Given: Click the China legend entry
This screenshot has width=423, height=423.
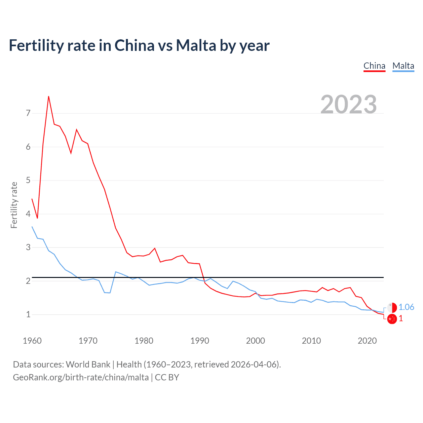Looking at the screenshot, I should point(374,66).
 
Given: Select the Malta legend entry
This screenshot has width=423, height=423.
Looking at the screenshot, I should point(403,66).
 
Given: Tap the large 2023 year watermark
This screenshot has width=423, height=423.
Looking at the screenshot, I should point(349,104).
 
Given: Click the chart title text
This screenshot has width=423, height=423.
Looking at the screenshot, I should point(139,45).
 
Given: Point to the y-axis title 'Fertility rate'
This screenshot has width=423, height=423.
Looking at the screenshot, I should point(14,205).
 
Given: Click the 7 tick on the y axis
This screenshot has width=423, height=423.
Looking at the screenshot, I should point(28,113).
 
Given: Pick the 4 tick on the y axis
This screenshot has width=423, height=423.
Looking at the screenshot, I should point(28,214).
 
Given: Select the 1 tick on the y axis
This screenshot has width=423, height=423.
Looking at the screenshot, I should point(28,314).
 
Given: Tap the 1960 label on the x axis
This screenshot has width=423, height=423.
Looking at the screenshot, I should point(32,341).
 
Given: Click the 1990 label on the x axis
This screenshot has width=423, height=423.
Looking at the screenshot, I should point(200,341).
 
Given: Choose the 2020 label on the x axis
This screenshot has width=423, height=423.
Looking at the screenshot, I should point(367,341).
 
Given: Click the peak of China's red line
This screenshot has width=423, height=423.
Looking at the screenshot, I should point(49,96).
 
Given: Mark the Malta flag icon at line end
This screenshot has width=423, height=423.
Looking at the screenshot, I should point(392,307).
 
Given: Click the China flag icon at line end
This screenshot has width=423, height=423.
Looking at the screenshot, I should point(392,319).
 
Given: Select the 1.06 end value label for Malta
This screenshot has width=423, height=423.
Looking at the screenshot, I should point(406,307).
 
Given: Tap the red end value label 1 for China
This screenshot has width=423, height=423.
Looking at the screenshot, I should point(401,319).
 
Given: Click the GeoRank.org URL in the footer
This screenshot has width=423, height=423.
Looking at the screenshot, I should point(81,377).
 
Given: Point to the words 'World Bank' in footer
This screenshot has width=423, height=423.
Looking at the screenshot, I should point(88,365).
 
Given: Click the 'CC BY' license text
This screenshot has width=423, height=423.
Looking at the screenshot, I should point(167,377).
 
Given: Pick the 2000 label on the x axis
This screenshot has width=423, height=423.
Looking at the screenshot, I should point(255,341).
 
